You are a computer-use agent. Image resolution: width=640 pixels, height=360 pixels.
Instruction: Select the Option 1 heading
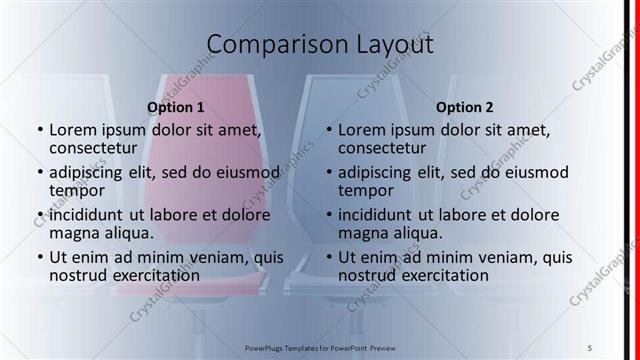(x=176, y=107)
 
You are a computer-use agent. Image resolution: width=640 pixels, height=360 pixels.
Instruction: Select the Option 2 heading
(x=465, y=107)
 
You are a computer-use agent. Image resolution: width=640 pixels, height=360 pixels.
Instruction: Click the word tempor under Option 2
(x=364, y=191)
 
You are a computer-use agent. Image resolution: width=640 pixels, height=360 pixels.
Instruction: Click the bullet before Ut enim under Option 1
(x=39, y=258)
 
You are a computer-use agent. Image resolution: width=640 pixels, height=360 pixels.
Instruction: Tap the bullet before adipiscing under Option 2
(x=328, y=173)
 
